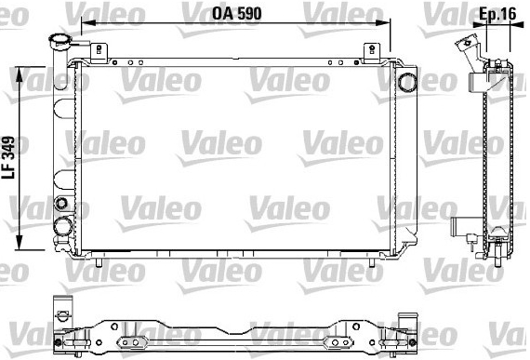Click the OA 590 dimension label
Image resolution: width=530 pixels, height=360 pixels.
click(236, 13)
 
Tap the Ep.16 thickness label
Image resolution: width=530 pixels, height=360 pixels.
click(497, 14)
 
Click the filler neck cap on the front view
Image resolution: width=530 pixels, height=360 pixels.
click(60, 41)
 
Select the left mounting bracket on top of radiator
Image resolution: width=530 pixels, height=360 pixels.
click(99, 53)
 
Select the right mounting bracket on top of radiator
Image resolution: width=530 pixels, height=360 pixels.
click(372, 53)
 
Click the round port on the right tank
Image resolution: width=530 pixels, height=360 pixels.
click(407, 82)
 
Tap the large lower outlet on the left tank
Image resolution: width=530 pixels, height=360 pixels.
click(63, 226)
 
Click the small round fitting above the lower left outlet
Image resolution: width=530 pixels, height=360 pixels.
click(61, 203)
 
